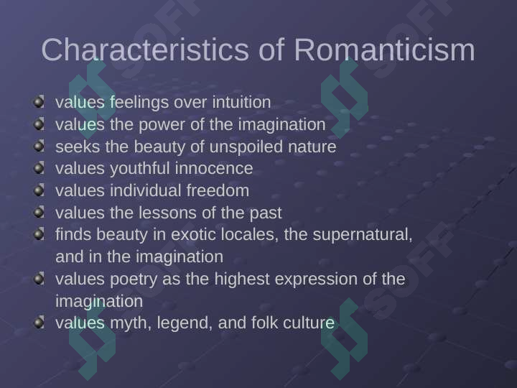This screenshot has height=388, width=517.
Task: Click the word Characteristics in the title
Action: tap(145, 50)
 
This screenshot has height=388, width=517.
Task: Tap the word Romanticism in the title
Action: tap(384, 50)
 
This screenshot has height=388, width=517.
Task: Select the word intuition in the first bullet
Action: tap(241, 102)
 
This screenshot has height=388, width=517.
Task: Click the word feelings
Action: tap(139, 102)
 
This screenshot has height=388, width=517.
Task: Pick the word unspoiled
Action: tap(246, 147)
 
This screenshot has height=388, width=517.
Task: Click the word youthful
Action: tap(140, 169)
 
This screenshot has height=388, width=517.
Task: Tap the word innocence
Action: tap(214, 169)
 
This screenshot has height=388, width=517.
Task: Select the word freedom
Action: tap(218, 190)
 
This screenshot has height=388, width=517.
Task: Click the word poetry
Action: tap(134, 280)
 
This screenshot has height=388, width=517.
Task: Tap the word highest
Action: tap(242, 280)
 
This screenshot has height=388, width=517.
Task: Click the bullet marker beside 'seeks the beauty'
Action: tap(39, 145)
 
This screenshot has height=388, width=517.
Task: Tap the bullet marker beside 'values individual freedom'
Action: tap(39, 190)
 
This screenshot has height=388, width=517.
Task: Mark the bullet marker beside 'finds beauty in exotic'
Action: tap(39, 234)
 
